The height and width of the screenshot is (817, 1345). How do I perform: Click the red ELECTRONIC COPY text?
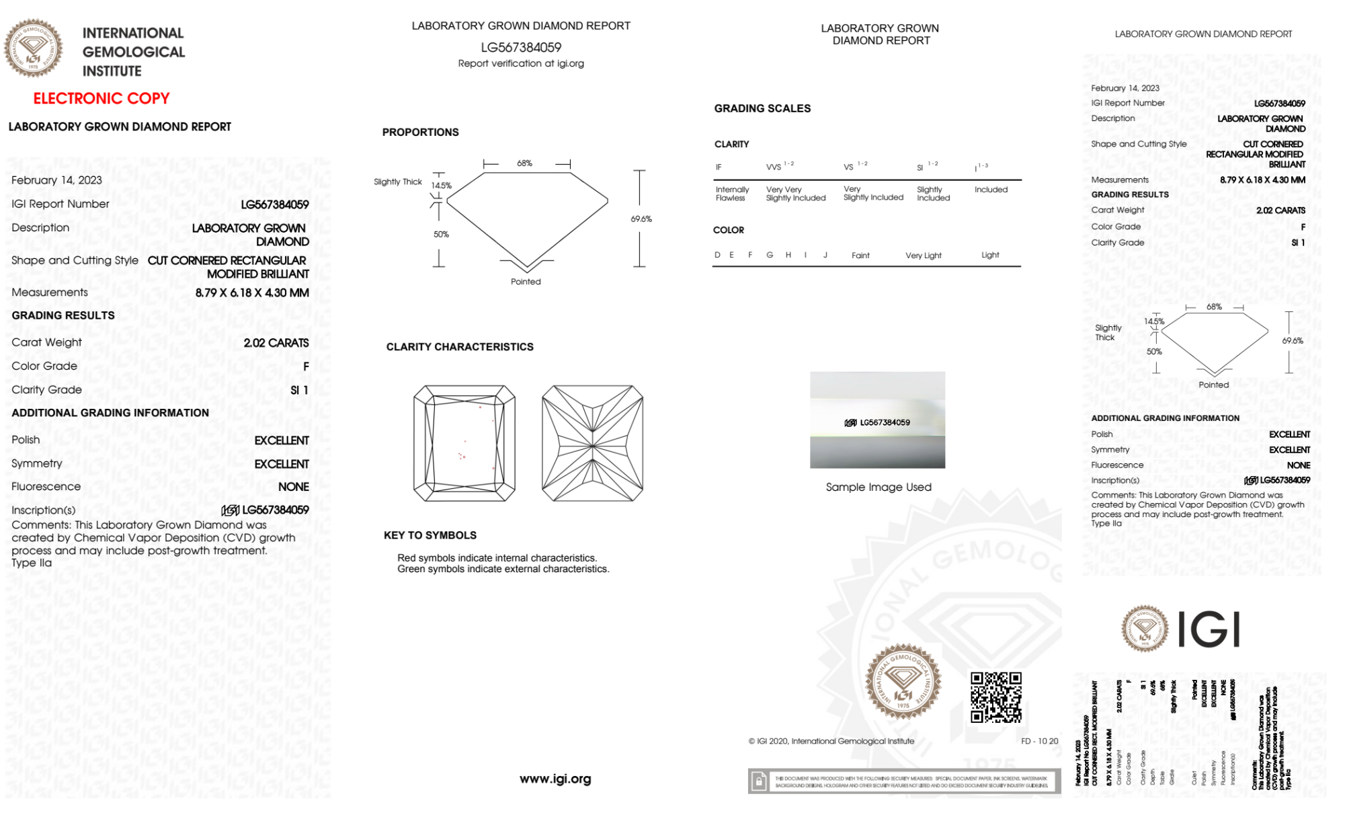[x=101, y=98]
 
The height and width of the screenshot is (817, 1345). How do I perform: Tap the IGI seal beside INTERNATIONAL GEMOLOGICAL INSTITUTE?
[x=33, y=48]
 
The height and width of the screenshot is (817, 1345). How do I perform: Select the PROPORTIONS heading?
[x=420, y=132]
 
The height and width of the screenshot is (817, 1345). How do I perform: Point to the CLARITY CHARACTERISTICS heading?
[x=460, y=347]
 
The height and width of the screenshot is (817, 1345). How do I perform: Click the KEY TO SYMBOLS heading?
[x=430, y=535]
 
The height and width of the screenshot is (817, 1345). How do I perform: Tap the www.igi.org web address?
[x=555, y=779]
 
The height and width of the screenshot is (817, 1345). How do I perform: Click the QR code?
[x=995, y=697]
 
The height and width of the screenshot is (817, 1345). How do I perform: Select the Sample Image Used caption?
[x=879, y=487]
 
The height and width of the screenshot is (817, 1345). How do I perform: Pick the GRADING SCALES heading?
[x=762, y=108]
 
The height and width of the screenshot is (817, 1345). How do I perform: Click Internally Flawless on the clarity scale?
[x=732, y=194]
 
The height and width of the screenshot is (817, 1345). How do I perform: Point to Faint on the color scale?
[x=860, y=256]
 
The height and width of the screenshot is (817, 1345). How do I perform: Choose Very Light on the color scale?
[x=923, y=256]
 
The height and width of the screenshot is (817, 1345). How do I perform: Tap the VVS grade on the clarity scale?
[x=774, y=167]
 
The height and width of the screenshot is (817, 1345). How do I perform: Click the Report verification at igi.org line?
[x=521, y=63]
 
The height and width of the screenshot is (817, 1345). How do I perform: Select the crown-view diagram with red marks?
[x=464, y=443]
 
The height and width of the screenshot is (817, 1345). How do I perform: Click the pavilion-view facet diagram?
[x=592, y=443]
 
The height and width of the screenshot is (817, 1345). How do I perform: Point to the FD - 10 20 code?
[x=1039, y=741]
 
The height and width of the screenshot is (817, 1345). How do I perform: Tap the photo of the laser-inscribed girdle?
[x=877, y=420]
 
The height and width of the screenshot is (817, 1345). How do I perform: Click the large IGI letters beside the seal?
[x=1209, y=629]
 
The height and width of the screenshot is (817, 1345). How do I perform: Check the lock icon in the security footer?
[x=759, y=781]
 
